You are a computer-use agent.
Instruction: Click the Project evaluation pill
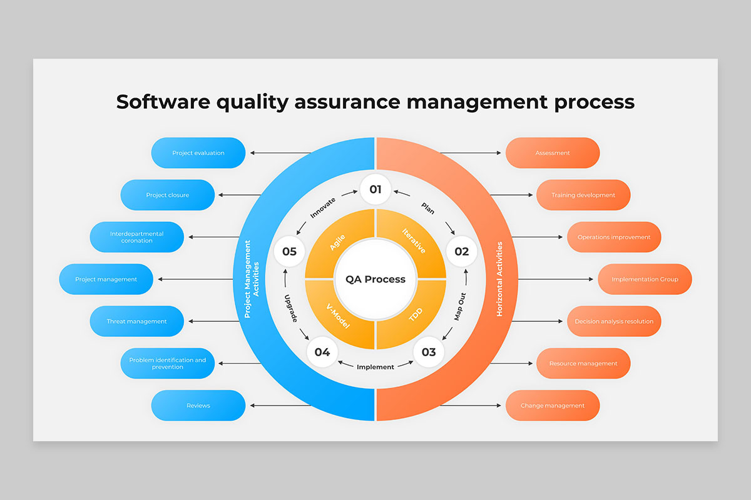click(x=198, y=152)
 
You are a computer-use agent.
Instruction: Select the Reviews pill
click(x=198, y=405)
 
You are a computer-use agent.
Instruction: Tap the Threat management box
click(x=137, y=321)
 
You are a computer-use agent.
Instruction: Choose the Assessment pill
click(x=553, y=152)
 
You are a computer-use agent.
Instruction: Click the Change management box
click(x=553, y=405)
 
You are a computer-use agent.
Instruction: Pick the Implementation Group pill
click(x=645, y=279)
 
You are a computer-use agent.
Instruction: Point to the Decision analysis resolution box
click(x=614, y=321)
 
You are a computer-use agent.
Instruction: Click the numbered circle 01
click(x=375, y=189)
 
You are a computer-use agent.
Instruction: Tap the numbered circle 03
click(x=429, y=352)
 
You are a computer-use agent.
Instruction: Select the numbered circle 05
click(x=289, y=251)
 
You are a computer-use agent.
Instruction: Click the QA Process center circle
click(x=375, y=279)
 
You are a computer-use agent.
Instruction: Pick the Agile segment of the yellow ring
click(x=337, y=242)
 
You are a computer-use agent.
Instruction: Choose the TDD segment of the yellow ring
click(x=415, y=316)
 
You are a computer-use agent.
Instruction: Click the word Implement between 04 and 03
click(x=375, y=367)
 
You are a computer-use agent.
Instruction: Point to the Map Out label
click(x=459, y=306)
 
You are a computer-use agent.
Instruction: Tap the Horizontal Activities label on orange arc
click(x=499, y=279)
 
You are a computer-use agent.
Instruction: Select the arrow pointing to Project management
click(x=195, y=279)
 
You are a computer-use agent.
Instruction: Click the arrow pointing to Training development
click(x=511, y=195)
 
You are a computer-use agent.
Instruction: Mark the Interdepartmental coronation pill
click(x=137, y=237)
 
